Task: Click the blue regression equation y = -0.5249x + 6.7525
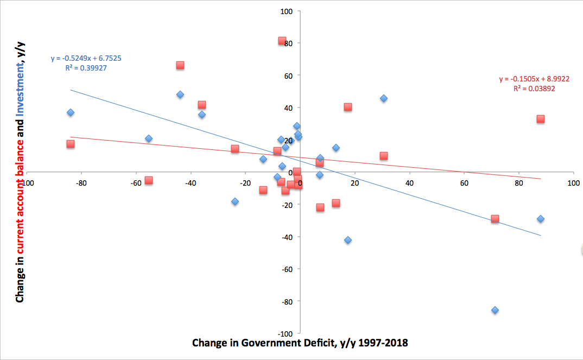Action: click(90, 58)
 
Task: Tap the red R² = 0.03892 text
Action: click(534, 89)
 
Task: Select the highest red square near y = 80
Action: click(282, 41)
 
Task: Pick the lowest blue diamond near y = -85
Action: click(495, 310)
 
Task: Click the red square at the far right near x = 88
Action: click(541, 119)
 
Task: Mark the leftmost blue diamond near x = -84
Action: click(71, 112)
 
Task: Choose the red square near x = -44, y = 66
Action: click(180, 65)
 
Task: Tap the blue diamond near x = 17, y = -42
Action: click(348, 240)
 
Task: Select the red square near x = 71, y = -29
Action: click(495, 219)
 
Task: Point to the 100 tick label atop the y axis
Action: click(287, 11)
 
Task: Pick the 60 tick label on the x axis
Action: click(464, 183)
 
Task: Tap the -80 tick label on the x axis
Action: click(81, 183)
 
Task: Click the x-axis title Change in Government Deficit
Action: click(300, 343)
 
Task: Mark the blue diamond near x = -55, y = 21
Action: click(149, 138)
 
